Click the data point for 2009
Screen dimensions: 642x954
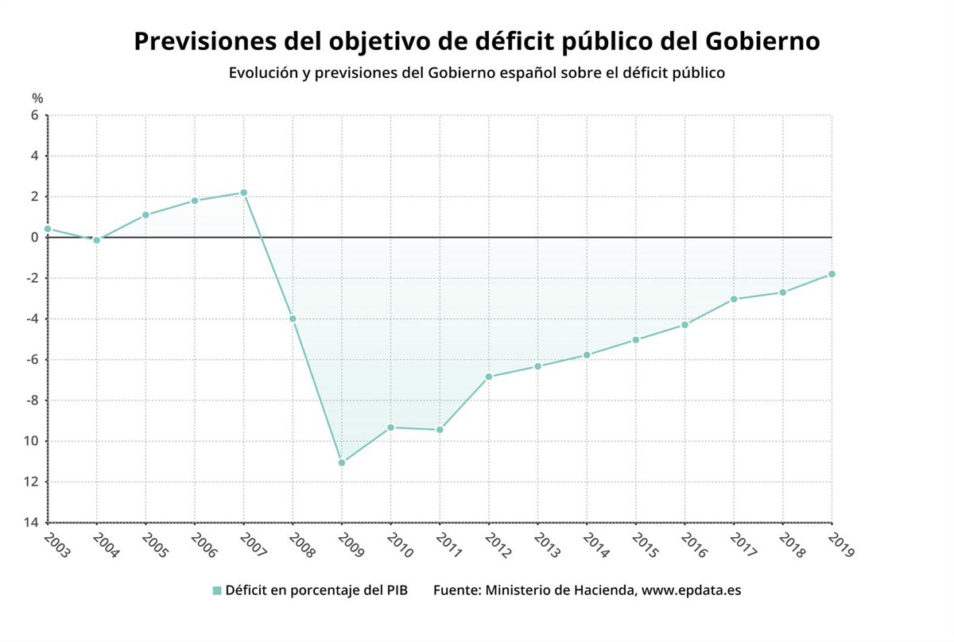(342, 462)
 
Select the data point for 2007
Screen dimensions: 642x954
(244, 193)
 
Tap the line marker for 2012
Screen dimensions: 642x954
(489, 377)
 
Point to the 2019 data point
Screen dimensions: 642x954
(832, 274)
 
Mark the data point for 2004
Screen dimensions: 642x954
(97, 240)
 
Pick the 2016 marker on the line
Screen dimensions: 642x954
(684, 325)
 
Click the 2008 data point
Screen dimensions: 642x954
(293, 319)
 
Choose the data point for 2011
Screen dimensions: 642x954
(440, 430)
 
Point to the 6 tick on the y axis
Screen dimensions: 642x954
(35, 115)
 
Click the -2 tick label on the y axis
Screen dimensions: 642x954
(33, 278)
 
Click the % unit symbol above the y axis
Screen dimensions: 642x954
(37, 98)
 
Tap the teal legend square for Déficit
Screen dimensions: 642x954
(217, 590)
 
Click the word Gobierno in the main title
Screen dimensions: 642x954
(754, 41)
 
